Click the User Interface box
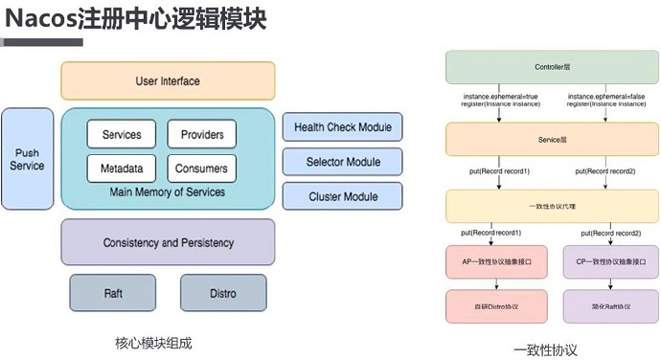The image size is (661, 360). tap(168, 81)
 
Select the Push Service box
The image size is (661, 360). tap(27, 159)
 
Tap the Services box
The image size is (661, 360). tap(122, 135)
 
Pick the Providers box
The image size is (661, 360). tap(201, 135)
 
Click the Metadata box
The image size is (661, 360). tap(122, 169)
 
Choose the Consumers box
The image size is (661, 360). tap(201, 169)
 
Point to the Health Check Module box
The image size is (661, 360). tap(343, 127)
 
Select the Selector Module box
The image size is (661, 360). tap(343, 162)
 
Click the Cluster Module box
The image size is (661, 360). tap(343, 196)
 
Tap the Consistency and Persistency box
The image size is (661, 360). tap(168, 242)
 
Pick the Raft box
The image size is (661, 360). tap(112, 293)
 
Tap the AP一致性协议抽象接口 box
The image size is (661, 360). tap(496, 262)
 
